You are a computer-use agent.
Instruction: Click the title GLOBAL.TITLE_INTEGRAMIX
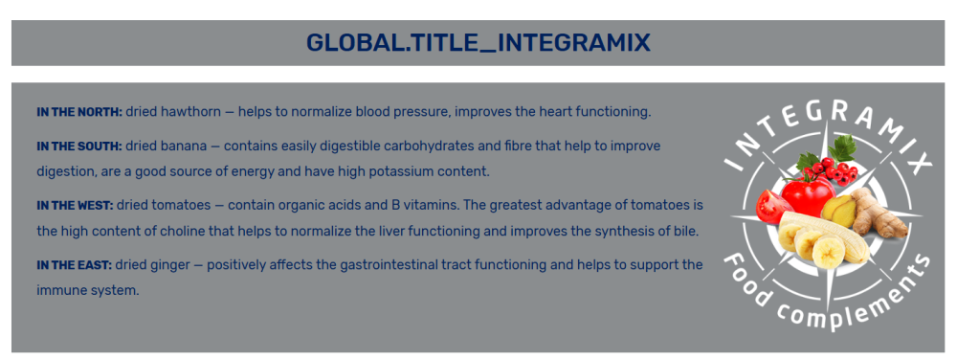(x=478, y=43)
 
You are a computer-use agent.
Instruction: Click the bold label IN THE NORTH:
(x=80, y=112)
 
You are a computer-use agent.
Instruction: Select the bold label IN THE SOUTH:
(x=80, y=146)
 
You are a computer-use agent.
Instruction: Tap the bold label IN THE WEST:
(x=75, y=206)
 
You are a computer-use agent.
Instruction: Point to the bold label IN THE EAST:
(x=75, y=265)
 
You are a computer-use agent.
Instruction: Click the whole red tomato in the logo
(x=807, y=195)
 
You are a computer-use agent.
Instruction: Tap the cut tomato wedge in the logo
(x=772, y=206)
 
